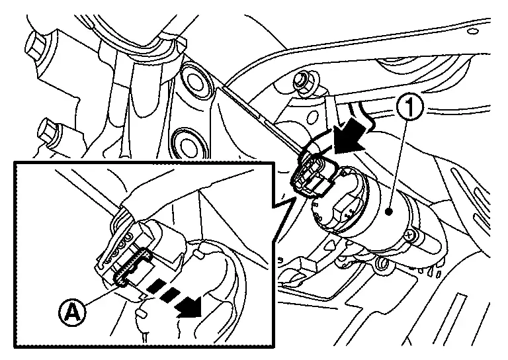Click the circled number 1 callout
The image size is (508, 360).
(410, 109)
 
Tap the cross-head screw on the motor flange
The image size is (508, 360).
(409, 234)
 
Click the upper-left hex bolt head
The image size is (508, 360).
(36, 44)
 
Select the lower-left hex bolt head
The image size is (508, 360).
(48, 132)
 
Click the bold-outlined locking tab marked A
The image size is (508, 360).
(133, 266)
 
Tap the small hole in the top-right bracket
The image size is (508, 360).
(474, 30)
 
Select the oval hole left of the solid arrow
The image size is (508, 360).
(312, 118)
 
